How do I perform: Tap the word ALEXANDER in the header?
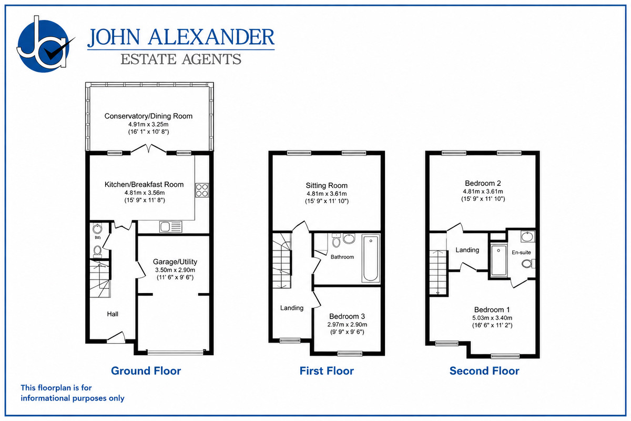click(x=211, y=37)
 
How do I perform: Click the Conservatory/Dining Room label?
click(x=148, y=116)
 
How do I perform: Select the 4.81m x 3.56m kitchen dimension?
click(x=145, y=193)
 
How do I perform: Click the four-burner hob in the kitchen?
click(x=202, y=190)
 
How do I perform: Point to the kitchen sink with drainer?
click(x=171, y=227)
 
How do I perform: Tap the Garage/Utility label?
click(x=175, y=262)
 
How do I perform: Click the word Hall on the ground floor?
click(x=113, y=314)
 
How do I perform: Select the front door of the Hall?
click(x=116, y=337)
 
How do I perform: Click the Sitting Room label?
click(x=327, y=186)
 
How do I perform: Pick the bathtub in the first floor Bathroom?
click(x=370, y=259)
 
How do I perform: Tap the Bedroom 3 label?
click(x=347, y=316)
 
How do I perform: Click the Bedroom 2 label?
click(x=483, y=183)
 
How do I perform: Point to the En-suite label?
click(x=521, y=253)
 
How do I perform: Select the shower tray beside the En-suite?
click(x=498, y=260)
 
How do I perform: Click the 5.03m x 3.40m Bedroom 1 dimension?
click(x=492, y=318)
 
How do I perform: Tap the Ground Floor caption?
click(x=146, y=371)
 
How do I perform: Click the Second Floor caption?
click(x=484, y=371)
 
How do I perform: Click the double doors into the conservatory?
click(x=148, y=149)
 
